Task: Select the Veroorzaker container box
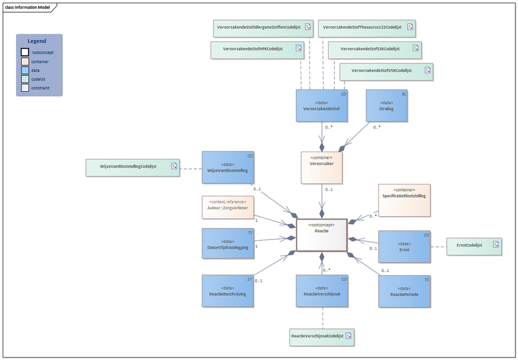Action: click(x=321, y=168)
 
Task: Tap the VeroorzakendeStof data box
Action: click(x=322, y=106)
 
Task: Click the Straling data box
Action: click(x=387, y=106)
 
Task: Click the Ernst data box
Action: click(x=405, y=245)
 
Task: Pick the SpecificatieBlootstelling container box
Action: click(x=403, y=199)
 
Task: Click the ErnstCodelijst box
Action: click(x=475, y=245)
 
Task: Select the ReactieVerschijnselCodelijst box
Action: click(x=322, y=336)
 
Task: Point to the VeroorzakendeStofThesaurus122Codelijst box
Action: click(x=366, y=28)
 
